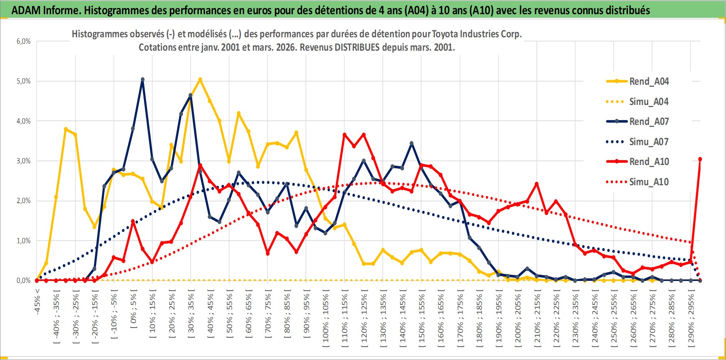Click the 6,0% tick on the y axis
click(x=24, y=41)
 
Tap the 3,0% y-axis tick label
click(x=24, y=161)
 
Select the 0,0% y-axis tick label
click(x=24, y=281)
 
